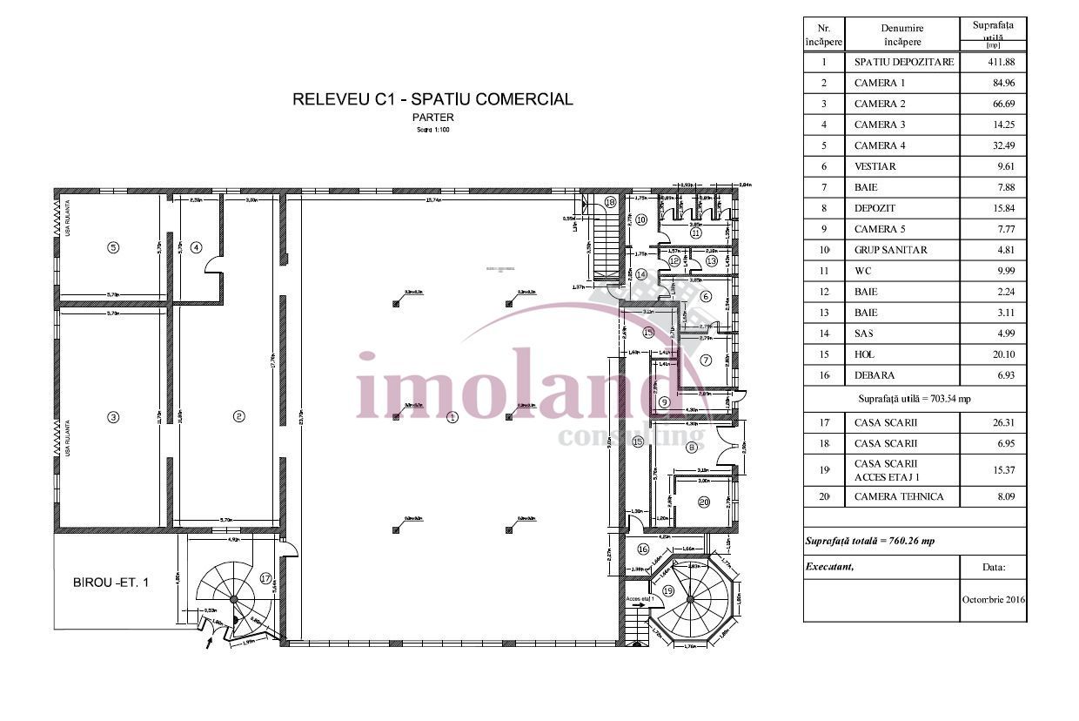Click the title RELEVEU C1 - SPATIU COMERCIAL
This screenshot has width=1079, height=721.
[432, 99]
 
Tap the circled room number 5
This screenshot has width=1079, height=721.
[112, 247]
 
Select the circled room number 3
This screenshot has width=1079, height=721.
[112, 418]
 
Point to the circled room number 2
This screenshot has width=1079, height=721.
[238, 417]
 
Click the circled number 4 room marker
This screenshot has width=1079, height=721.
[197, 247]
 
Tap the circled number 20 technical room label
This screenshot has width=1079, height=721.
[703, 501]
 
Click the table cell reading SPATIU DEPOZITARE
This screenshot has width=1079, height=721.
[903, 62]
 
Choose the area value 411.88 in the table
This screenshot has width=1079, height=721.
[992, 62]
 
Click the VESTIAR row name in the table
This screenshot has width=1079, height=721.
[875, 166]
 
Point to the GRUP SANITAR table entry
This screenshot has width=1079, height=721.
[890, 250]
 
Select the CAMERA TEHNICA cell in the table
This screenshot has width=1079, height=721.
[899, 497]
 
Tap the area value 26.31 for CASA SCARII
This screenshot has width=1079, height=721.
[992, 423]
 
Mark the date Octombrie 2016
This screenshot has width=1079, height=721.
[993, 600]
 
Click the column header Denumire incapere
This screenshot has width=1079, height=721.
[901, 35]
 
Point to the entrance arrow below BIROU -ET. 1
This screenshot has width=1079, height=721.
[207, 644]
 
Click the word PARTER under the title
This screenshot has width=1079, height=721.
[432, 118]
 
